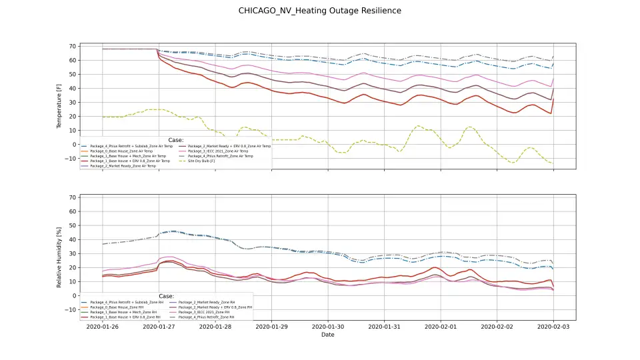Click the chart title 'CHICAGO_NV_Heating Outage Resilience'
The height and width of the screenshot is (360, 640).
click(320, 11)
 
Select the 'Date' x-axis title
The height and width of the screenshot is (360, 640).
click(327, 335)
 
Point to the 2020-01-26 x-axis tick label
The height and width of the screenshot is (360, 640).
click(103, 327)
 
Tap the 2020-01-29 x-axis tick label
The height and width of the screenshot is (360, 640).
click(271, 327)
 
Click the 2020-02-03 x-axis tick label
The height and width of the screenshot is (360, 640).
click(553, 327)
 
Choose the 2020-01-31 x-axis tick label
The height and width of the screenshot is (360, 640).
click(384, 327)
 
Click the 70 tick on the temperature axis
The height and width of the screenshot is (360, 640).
click(72, 46)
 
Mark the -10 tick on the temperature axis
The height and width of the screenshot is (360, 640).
click(71, 159)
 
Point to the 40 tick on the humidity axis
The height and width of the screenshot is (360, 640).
click(72, 239)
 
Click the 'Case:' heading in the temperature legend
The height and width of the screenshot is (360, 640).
click(176, 140)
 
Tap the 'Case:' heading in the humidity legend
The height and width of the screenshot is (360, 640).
click(167, 297)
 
